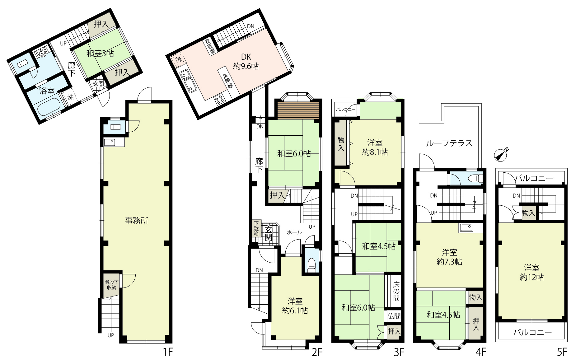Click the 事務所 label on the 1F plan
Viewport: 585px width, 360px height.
point(137,221)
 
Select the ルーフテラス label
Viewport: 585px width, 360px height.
point(449,143)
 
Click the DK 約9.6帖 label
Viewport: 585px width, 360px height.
point(246,62)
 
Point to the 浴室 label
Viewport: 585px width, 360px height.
point(47,91)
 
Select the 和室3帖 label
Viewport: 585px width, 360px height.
point(100,53)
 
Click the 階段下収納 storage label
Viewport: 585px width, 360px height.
point(111,285)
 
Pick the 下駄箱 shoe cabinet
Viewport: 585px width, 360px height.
point(256,229)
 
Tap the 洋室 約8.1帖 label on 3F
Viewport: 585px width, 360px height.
point(375,147)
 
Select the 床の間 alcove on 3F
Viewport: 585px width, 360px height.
point(396,291)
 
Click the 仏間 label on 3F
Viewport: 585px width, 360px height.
point(394,316)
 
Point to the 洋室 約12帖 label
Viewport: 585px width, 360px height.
point(532,272)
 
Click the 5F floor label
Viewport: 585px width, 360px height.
point(562,352)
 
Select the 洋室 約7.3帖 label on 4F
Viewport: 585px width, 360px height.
point(449,257)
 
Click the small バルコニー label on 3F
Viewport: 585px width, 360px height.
point(346,110)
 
